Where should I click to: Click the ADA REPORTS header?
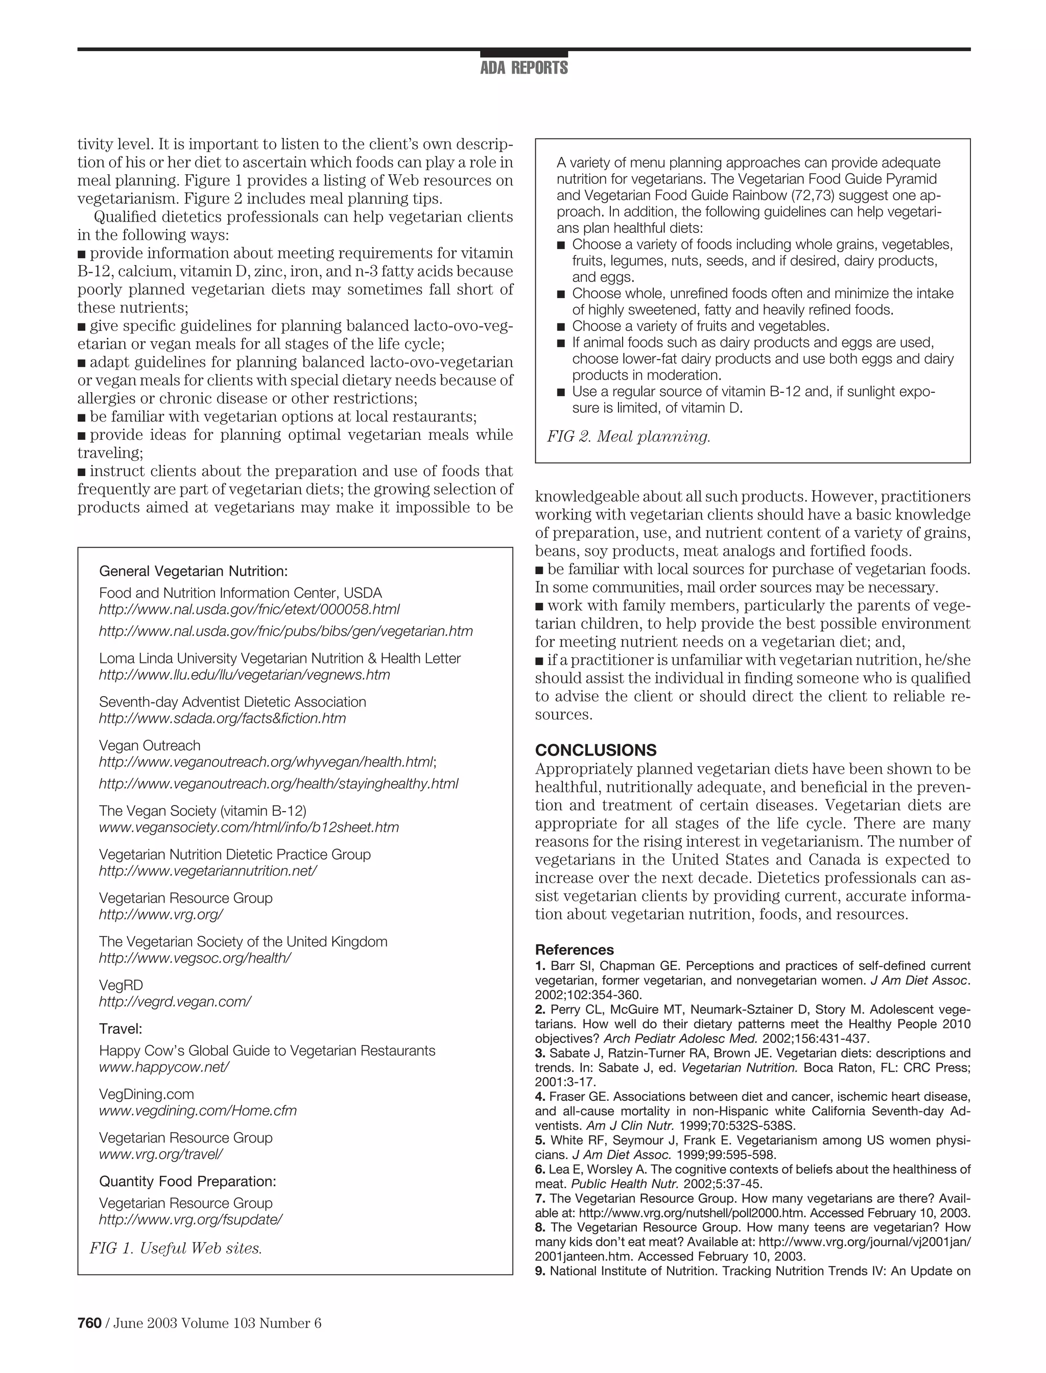click(524, 68)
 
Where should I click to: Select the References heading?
click(574, 950)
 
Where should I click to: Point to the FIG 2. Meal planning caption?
click(628, 437)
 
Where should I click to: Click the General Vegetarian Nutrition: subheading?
click(194, 571)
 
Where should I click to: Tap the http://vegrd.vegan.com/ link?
click(175, 1001)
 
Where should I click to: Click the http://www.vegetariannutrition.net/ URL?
click(208, 870)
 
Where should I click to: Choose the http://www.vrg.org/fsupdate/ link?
click(191, 1219)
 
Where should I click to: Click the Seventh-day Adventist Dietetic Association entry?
click(232, 702)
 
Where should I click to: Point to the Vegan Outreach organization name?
click(150, 745)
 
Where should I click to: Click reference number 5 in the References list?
click(539, 1140)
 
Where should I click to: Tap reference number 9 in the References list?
click(539, 1271)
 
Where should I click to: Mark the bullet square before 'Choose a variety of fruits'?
click(560, 326)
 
